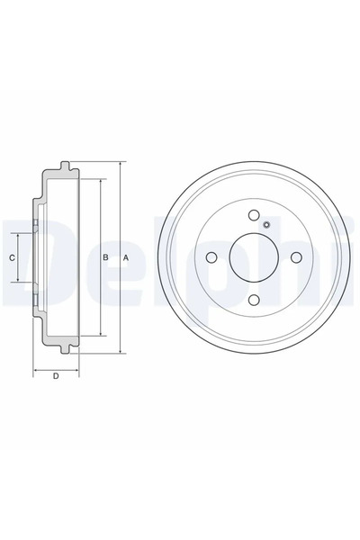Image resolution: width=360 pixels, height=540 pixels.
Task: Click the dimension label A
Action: click(126, 257)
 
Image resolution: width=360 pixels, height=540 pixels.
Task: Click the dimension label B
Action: click(106, 257)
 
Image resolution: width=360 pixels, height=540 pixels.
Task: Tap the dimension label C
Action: click(12, 257)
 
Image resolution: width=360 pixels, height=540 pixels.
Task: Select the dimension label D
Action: click(56, 376)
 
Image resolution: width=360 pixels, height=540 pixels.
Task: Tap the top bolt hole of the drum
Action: click(254, 215)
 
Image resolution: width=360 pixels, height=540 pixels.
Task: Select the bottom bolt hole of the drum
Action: click(254, 300)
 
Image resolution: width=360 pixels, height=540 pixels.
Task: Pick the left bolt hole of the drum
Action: click(211, 257)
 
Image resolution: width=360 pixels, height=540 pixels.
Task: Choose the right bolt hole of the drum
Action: click(297, 257)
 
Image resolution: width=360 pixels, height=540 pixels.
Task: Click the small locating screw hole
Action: click(266, 225)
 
